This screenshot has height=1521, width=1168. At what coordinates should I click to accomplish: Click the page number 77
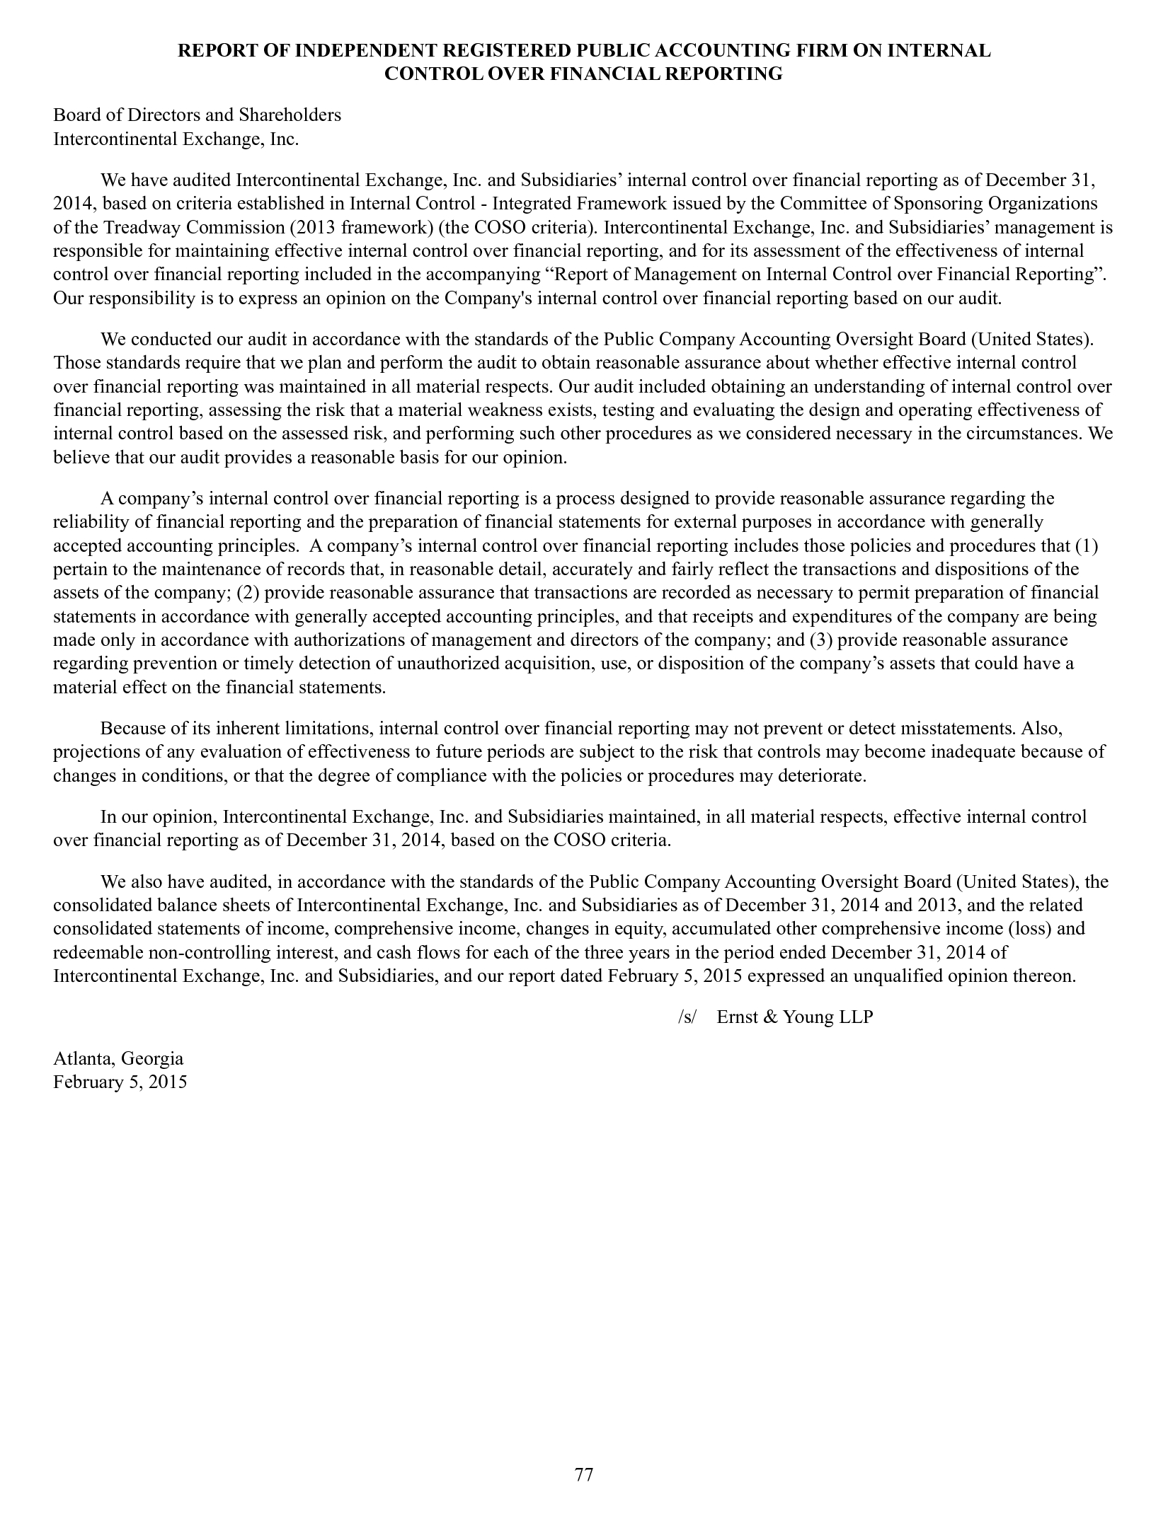click(583, 1474)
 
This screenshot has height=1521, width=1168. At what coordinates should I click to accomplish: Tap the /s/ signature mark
click(687, 1017)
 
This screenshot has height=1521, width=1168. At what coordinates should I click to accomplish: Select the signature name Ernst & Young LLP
click(795, 1017)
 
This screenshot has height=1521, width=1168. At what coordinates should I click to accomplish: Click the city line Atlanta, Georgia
click(118, 1058)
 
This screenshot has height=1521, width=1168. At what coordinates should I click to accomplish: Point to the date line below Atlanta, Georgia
click(120, 1082)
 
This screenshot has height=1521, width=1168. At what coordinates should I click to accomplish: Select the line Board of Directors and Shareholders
click(197, 115)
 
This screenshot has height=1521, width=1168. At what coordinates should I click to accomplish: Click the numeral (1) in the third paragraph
click(1086, 546)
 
